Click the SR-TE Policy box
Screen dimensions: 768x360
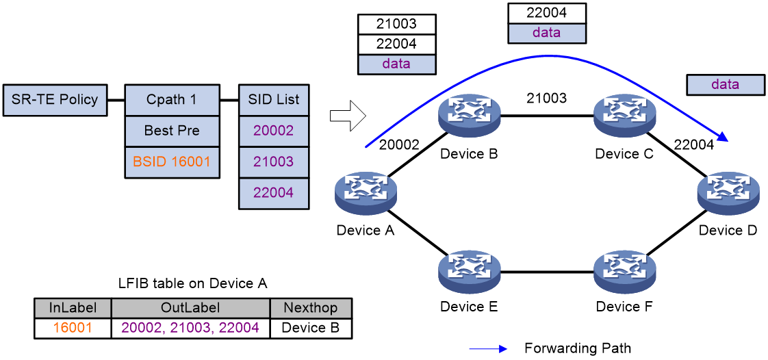pyautogui.click(x=55, y=100)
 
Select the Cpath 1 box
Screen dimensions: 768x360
pyautogui.click(x=172, y=100)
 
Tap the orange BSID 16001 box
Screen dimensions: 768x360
pyautogui.click(x=172, y=161)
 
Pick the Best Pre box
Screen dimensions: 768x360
pyautogui.click(x=172, y=131)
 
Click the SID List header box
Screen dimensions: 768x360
pyautogui.click(x=274, y=100)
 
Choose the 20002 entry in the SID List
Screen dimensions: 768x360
pyautogui.click(x=274, y=131)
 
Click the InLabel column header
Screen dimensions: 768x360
pyautogui.click(x=73, y=307)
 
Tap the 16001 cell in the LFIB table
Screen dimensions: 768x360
pyautogui.click(x=73, y=327)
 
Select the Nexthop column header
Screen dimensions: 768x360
pyautogui.click(x=311, y=307)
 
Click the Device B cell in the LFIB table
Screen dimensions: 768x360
pyautogui.click(x=311, y=327)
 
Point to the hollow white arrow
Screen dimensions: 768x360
pyautogui.click(x=348, y=116)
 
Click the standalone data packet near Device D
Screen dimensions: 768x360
pyautogui.click(x=726, y=85)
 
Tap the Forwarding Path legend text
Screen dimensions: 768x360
pyautogui.click(x=578, y=348)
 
